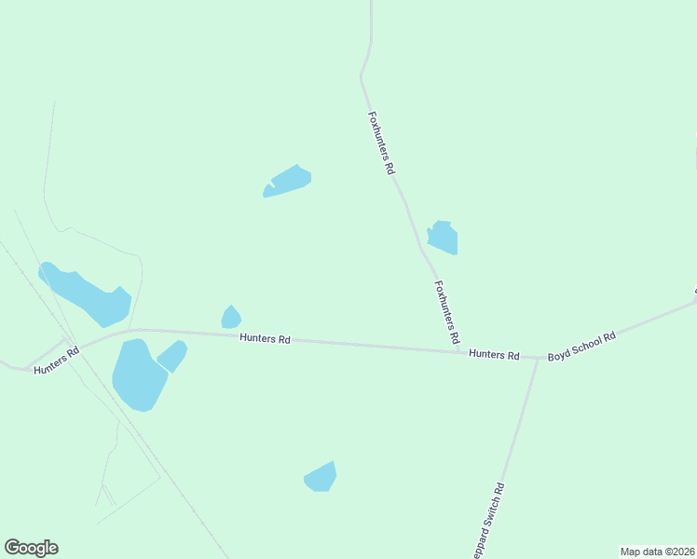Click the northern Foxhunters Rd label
382,144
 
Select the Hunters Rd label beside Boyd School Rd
494,354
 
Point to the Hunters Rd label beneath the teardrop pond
265,339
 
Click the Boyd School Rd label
582,346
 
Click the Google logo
32,548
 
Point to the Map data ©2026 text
657,552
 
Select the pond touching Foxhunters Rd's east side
443,238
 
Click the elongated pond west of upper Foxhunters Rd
288,180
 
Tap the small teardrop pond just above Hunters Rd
231,318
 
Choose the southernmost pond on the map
321,477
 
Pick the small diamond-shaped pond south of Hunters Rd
171,356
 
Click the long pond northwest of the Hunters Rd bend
86,293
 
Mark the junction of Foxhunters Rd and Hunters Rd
465,351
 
